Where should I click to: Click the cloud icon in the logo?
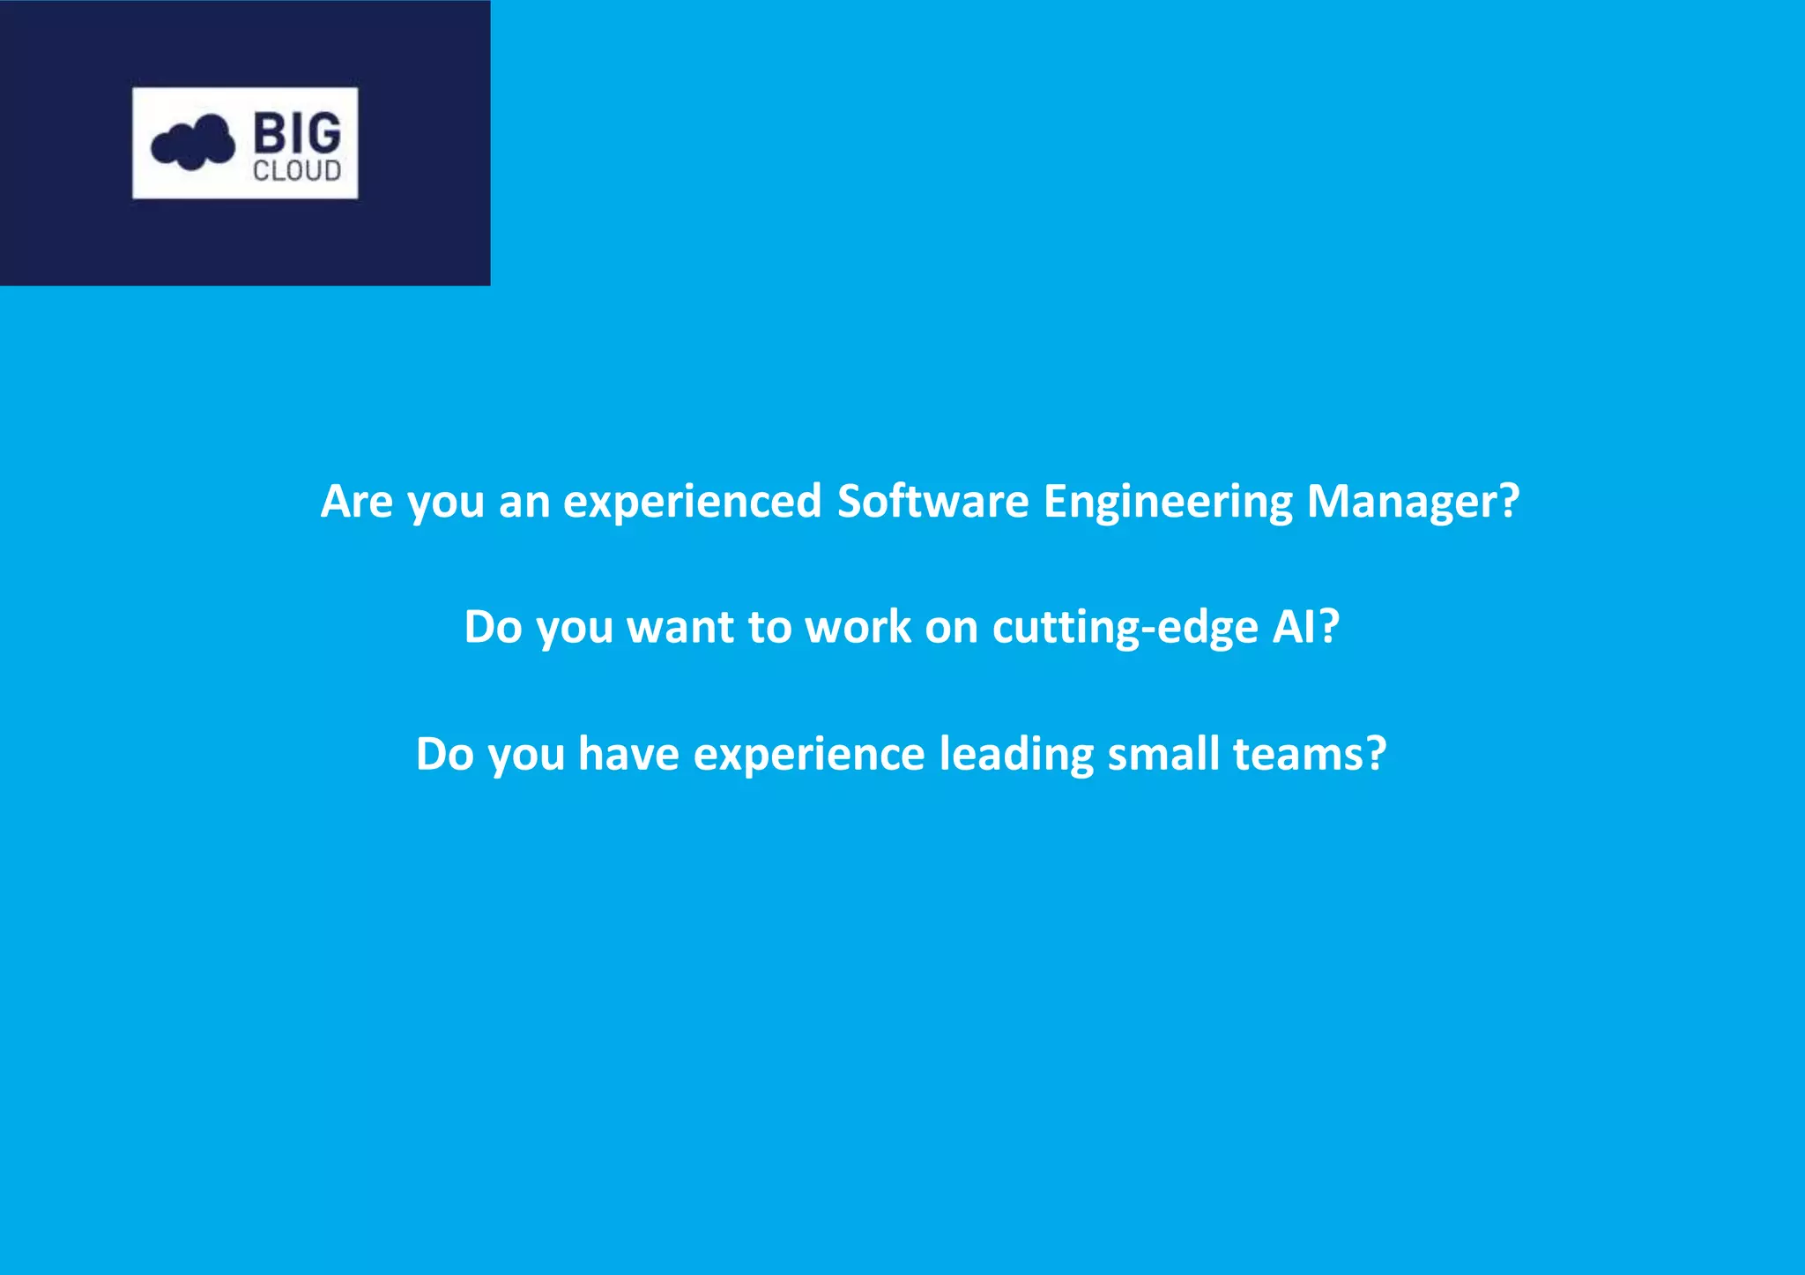[193, 142]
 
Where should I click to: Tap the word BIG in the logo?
[297, 134]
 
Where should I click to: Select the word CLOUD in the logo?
[297, 170]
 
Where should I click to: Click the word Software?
[932, 501]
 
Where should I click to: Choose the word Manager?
[1400, 501]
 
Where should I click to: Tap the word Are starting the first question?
[356, 501]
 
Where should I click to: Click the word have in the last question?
[628, 754]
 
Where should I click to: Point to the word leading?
[1016, 755]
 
